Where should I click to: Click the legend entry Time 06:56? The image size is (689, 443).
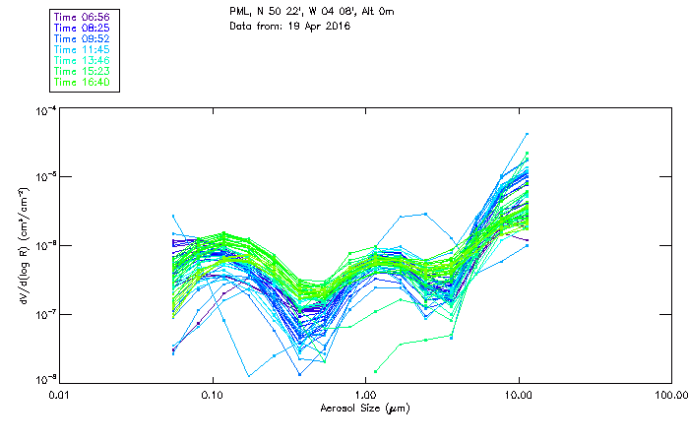coord(82,18)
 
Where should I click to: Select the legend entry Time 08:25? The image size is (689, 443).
coord(82,29)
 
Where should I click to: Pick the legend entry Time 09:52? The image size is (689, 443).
coord(82,39)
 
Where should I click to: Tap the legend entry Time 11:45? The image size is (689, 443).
coord(82,50)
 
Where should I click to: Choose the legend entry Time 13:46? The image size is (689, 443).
coord(82,61)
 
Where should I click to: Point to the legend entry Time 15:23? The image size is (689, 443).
coord(82,72)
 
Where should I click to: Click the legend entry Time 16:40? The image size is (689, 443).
coord(82,83)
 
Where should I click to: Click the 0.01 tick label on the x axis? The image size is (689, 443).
coord(61,394)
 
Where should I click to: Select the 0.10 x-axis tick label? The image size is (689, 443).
coord(213,394)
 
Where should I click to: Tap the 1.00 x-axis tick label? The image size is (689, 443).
coord(365,394)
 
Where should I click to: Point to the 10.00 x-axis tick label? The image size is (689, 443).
coord(518,394)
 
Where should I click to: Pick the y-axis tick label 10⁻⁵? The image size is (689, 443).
coord(45,176)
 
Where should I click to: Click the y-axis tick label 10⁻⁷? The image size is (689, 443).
coord(45,313)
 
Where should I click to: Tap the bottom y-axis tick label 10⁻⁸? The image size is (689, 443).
coord(45,379)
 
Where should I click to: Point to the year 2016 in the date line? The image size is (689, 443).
coord(337,26)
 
